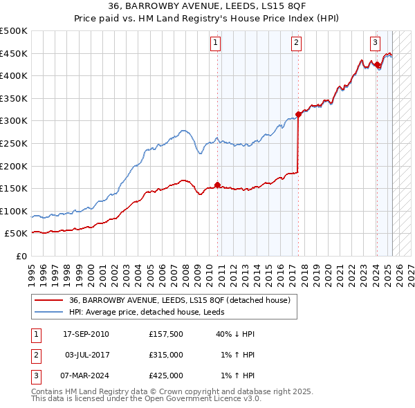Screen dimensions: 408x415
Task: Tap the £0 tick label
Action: [21, 256]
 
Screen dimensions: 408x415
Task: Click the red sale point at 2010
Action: [217, 185]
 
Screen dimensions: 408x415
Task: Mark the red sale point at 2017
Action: [298, 114]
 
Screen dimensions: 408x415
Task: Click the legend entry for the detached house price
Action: [183, 300]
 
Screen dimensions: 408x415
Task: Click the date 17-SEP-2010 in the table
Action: [86, 334]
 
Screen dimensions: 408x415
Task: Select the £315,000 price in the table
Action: [166, 355]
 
